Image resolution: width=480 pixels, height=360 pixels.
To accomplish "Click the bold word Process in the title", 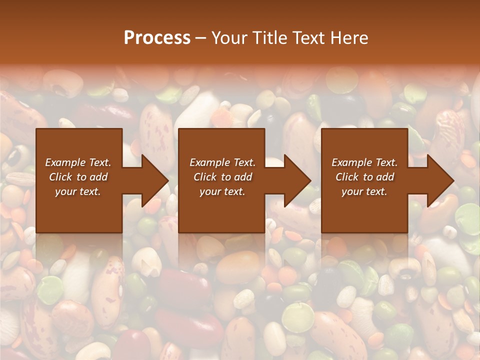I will point(157,38).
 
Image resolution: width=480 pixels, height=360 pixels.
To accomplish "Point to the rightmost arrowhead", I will point(439,180).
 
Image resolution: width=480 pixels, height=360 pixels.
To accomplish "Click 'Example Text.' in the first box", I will point(78,162).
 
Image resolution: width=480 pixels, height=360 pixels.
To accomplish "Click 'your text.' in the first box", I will point(78,191).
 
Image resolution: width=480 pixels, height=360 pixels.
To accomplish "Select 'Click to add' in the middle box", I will point(222,177).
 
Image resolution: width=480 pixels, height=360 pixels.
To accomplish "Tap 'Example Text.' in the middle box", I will point(222,162).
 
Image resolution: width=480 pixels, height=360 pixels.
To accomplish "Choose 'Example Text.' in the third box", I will point(364,162).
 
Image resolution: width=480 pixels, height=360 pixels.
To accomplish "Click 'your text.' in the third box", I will point(364,191).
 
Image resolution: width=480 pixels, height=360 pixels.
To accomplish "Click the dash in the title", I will point(201,38).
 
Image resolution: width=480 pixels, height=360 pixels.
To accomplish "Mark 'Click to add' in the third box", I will point(364,177).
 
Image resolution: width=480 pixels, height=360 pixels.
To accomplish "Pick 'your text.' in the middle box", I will point(222,191).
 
